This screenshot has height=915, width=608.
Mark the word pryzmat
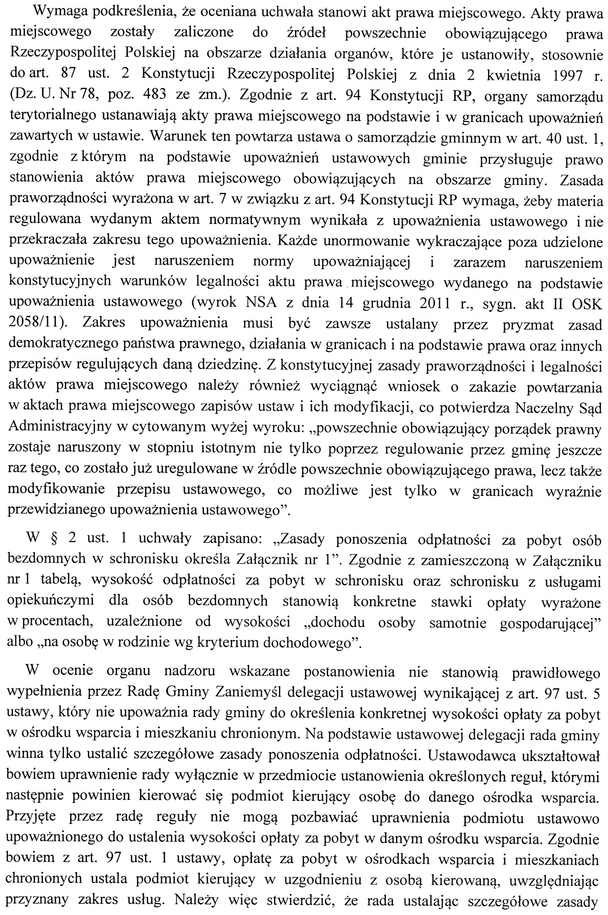[528, 323]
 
